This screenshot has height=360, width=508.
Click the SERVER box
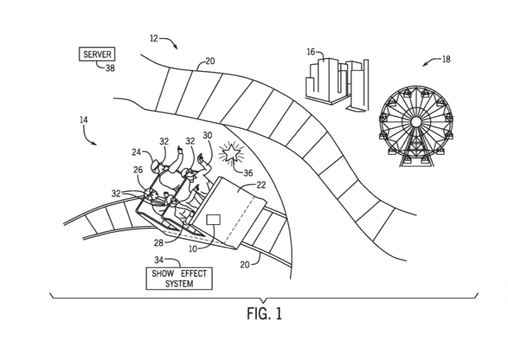pyautogui.click(x=97, y=54)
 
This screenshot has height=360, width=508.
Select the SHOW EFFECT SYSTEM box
pyautogui.click(x=179, y=278)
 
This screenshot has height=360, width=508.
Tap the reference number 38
pyautogui.click(x=110, y=68)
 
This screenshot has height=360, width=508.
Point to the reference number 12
pyautogui.click(x=154, y=39)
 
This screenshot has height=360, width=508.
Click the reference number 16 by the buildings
pyautogui.click(x=311, y=52)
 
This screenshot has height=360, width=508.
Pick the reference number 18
pyautogui.click(x=446, y=59)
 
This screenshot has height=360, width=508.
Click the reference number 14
pyautogui.click(x=84, y=120)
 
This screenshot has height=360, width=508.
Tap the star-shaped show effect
pyautogui.click(x=231, y=153)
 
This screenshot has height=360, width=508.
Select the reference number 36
pyautogui.click(x=248, y=173)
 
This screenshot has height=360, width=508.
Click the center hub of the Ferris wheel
pyautogui.click(x=416, y=122)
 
